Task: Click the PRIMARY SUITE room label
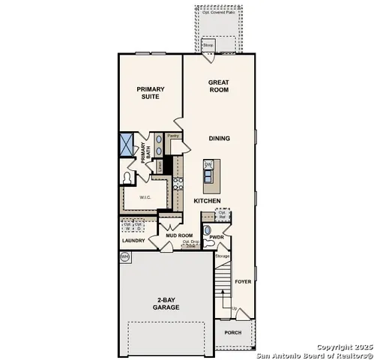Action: click(151, 92)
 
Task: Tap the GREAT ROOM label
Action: click(219, 85)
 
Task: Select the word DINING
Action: click(219, 138)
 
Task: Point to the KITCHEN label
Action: click(207, 201)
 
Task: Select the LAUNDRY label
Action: click(133, 241)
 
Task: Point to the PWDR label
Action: click(217, 236)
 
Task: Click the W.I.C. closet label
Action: click(145, 197)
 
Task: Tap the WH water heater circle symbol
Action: click(124, 256)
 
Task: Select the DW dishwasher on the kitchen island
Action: click(209, 165)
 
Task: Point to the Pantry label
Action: click(172, 136)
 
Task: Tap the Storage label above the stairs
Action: click(222, 256)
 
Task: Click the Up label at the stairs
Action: click(234, 309)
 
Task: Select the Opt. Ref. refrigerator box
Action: click(223, 214)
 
